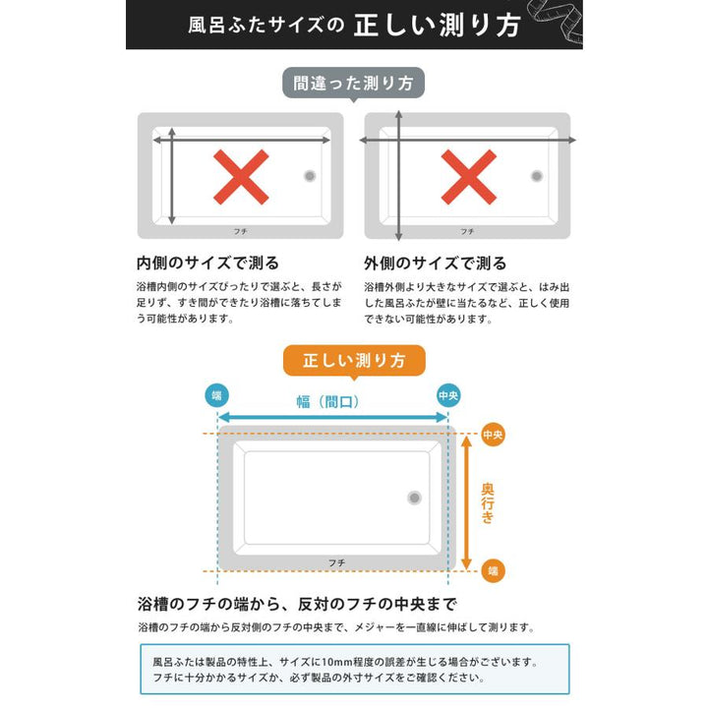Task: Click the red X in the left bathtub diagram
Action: (241, 177)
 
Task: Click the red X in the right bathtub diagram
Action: (468, 177)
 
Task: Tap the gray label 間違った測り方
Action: (354, 83)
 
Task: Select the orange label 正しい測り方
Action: (354, 360)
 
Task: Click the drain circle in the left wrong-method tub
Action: (310, 176)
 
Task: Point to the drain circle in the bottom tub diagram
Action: (414, 498)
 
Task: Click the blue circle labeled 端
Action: (216, 395)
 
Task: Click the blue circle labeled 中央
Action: (448, 395)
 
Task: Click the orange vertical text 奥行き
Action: (488, 502)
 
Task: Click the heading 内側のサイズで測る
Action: (207, 264)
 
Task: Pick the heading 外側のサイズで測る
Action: (436, 264)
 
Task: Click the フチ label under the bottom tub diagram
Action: (336, 562)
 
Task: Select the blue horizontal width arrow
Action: (332, 418)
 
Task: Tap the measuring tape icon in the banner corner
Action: (555, 20)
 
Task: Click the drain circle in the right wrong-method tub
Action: (537, 176)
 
